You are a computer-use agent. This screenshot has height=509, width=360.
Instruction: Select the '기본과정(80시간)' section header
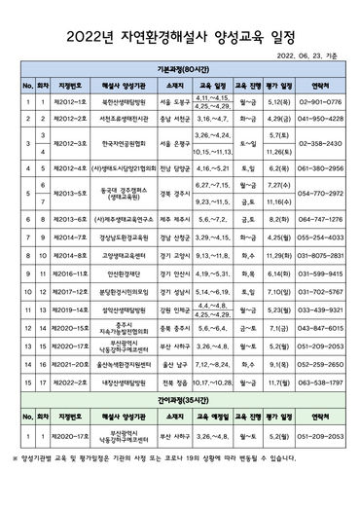click(x=180, y=82)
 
